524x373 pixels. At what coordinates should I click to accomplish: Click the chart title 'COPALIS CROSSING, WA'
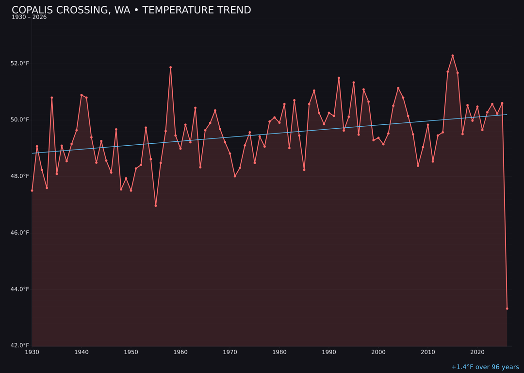click(131, 10)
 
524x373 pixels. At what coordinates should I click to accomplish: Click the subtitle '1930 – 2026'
click(29, 17)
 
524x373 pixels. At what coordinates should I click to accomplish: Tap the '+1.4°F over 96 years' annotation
click(485, 367)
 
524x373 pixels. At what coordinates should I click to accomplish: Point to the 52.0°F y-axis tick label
click(20, 64)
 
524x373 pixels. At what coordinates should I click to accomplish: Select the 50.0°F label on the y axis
click(20, 120)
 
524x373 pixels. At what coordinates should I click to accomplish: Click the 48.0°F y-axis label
click(20, 176)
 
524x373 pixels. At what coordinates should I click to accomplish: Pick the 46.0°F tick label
click(20, 233)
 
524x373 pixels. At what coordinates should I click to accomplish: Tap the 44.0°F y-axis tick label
click(20, 289)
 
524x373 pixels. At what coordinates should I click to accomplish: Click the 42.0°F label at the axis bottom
click(20, 346)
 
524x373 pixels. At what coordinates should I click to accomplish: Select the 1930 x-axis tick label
click(32, 352)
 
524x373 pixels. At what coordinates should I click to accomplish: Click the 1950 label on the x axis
click(131, 352)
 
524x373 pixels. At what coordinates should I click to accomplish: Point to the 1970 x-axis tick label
click(230, 352)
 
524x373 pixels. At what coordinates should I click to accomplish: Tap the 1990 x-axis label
click(329, 352)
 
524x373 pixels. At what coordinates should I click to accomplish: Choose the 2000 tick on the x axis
click(378, 352)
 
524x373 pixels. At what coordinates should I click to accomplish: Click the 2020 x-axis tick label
click(477, 352)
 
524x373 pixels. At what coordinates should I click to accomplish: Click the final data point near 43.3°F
click(507, 308)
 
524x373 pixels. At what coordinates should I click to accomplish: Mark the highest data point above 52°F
click(453, 56)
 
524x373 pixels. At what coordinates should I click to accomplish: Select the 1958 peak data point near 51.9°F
click(170, 68)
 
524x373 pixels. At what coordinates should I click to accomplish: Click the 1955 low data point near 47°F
click(156, 205)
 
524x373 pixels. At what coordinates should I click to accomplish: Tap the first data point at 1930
click(32, 190)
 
